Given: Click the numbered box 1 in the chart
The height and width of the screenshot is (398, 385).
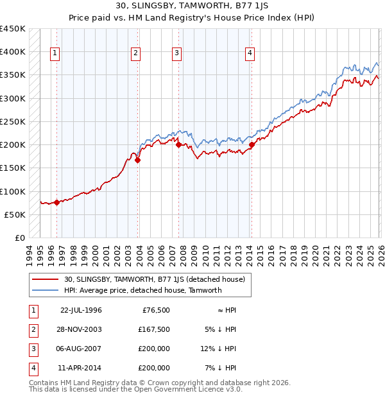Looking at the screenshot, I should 55,54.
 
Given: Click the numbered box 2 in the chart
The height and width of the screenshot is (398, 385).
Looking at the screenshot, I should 136,54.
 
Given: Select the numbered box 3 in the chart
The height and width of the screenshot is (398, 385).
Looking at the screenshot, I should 176,54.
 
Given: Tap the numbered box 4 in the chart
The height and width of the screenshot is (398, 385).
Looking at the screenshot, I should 250,54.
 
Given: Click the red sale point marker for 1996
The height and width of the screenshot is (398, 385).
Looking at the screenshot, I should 56,202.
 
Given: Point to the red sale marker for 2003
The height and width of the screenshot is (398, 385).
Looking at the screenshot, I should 137,160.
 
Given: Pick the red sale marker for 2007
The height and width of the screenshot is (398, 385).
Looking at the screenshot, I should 178,145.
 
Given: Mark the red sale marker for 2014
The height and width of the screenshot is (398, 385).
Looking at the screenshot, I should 252,145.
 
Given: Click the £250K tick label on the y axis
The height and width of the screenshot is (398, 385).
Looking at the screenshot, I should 13,121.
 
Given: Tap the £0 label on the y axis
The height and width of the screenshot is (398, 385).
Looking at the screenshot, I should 20,238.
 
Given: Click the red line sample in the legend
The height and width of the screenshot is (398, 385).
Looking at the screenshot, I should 46,279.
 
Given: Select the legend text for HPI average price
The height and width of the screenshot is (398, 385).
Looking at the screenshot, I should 142,290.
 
